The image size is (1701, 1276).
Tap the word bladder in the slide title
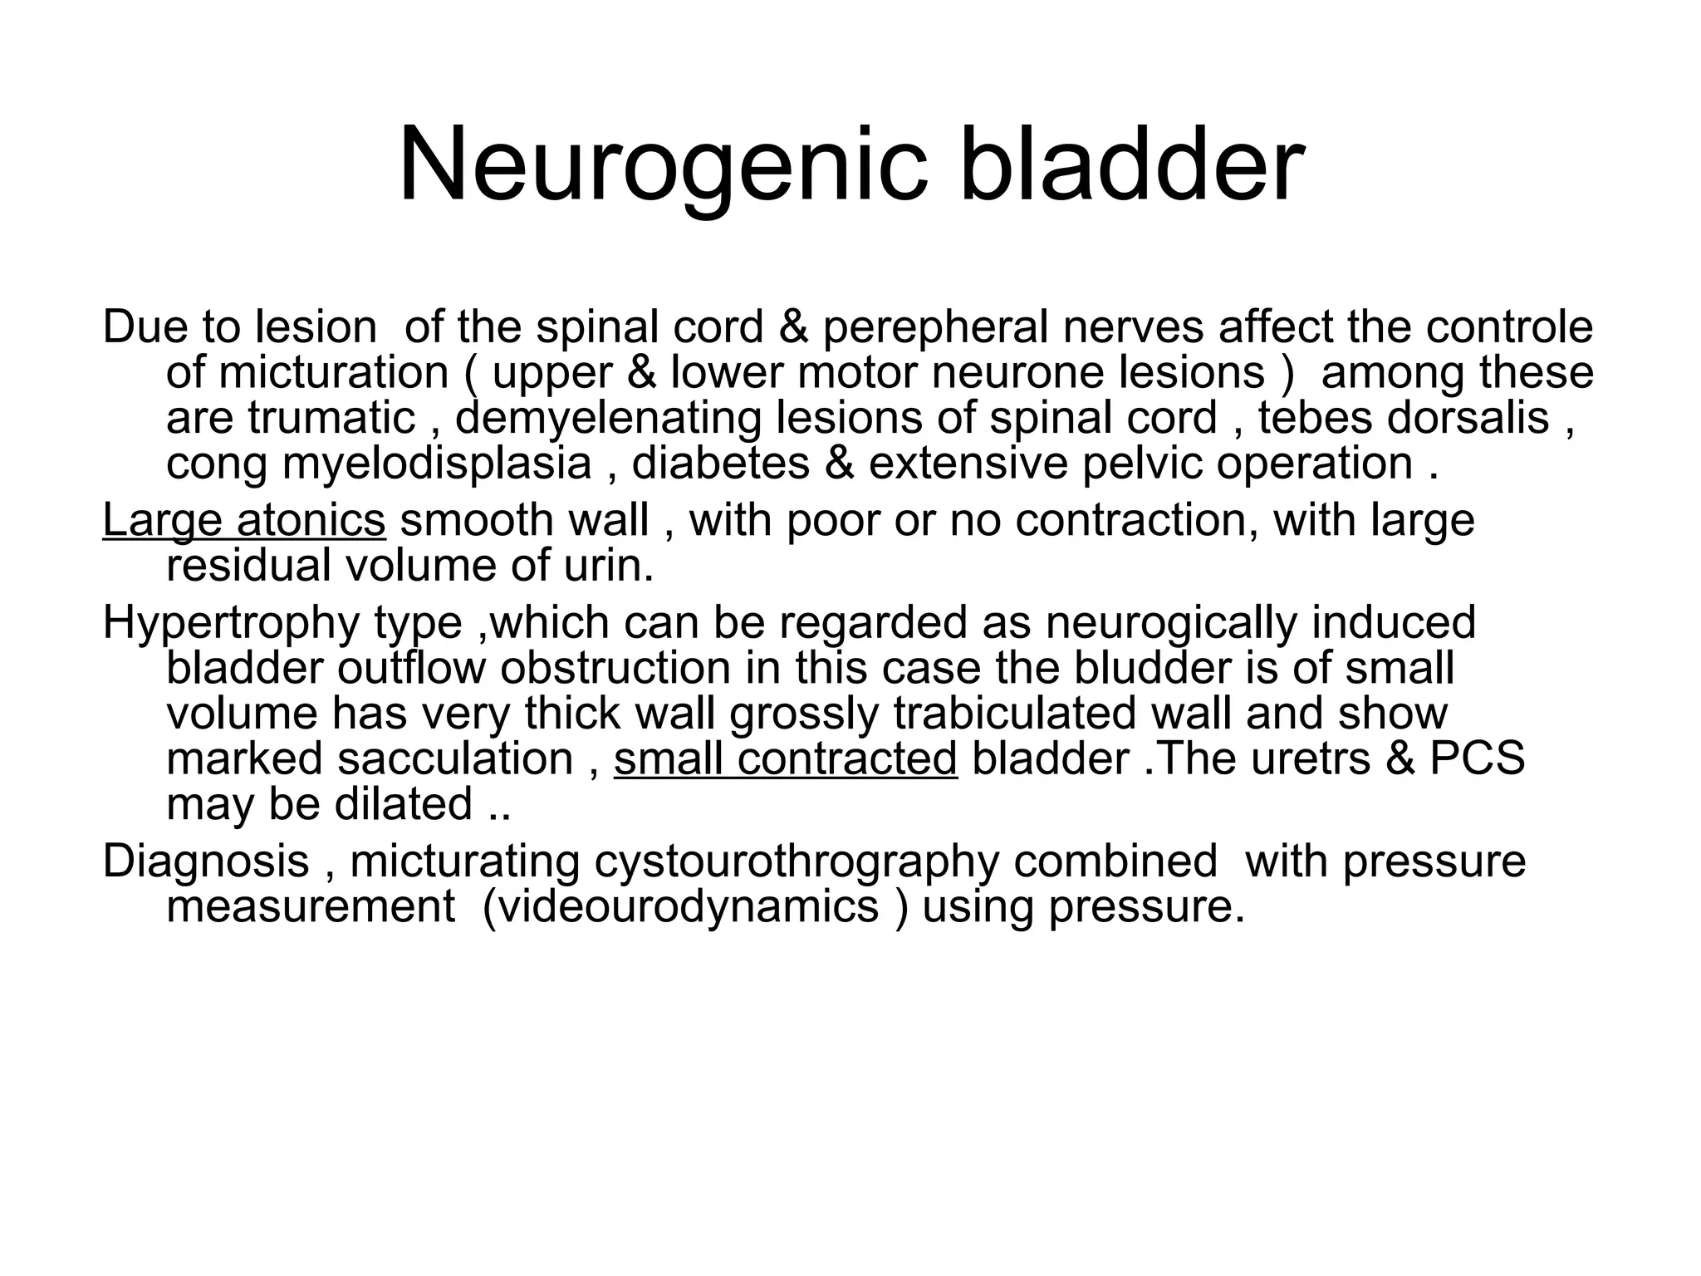tap(1131, 166)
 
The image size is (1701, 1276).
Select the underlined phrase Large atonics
tap(243, 520)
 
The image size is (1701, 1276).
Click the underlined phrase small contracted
tap(785, 758)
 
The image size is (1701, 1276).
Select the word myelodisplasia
tap(437, 463)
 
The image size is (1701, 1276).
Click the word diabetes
tap(720, 463)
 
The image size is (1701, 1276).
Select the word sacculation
tap(456, 758)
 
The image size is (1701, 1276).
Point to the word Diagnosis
tap(205, 861)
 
